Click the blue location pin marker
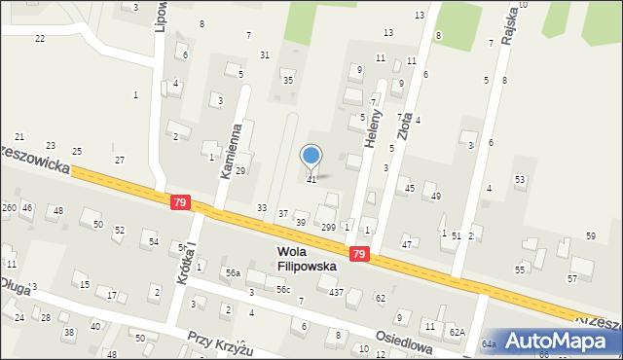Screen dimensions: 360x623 click(311, 156)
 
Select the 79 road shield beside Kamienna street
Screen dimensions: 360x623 click(179, 202)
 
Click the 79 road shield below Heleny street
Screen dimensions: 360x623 click(360, 254)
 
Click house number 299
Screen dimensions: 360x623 click(328, 227)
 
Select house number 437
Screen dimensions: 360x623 click(336, 293)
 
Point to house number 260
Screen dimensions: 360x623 click(9, 208)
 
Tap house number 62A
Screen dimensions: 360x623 click(457, 332)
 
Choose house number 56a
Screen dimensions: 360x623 click(233, 274)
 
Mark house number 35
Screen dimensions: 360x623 click(287, 80)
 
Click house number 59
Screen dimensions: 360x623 click(591, 236)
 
